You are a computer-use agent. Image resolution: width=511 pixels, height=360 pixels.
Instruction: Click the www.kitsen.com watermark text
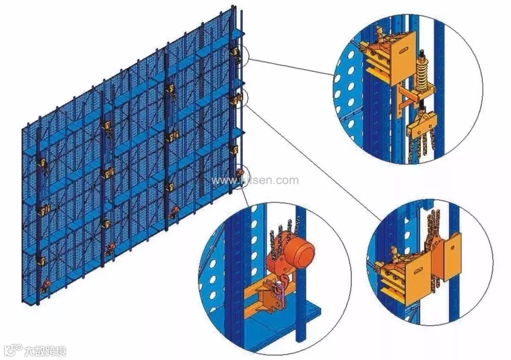255,181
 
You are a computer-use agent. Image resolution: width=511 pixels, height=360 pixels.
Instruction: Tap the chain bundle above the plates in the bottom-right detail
434,226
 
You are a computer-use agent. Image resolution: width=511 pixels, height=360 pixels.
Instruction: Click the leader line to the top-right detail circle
291,66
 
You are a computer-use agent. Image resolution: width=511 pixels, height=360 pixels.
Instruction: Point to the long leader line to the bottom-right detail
312,160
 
